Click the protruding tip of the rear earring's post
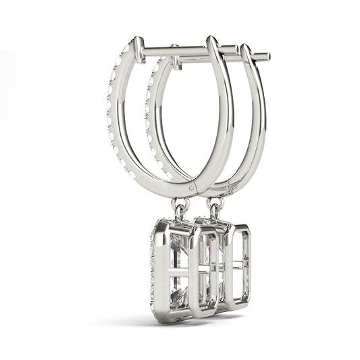(x=266, y=56)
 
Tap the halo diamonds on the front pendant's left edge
(x=153, y=270)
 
